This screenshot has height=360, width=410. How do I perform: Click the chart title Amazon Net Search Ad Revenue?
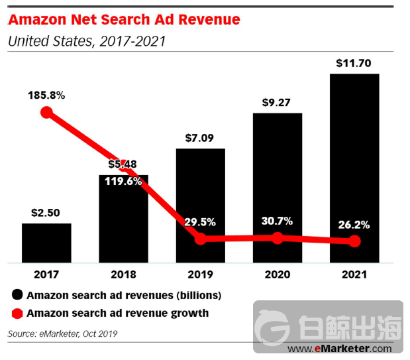[x=124, y=19]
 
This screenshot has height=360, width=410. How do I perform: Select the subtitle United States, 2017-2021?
[x=86, y=41]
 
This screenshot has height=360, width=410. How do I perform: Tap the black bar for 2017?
[x=46, y=243]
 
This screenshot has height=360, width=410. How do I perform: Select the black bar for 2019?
[x=200, y=192]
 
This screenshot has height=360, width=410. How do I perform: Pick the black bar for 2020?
[x=278, y=179]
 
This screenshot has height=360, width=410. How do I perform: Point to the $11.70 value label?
[x=354, y=64]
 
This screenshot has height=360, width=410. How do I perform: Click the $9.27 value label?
[x=278, y=103]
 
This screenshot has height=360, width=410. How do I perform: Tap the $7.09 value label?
[x=200, y=139]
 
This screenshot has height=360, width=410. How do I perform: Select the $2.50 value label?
[x=46, y=213]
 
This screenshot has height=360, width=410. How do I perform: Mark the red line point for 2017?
[x=46, y=112]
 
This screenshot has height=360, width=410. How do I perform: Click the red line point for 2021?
[x=354, y=241]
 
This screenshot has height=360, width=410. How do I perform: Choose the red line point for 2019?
[x=200, y=239]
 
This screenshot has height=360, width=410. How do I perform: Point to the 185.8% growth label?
[x=46, y=95]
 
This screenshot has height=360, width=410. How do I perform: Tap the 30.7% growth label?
[x=278, y=221]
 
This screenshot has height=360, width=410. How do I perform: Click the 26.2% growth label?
[x=354, y=225]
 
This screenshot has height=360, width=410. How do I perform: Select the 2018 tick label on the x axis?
[x=123, y=274]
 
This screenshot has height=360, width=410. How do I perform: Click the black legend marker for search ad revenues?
[x=17, y=295]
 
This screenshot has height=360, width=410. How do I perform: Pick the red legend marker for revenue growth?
[x=17, y=313]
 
